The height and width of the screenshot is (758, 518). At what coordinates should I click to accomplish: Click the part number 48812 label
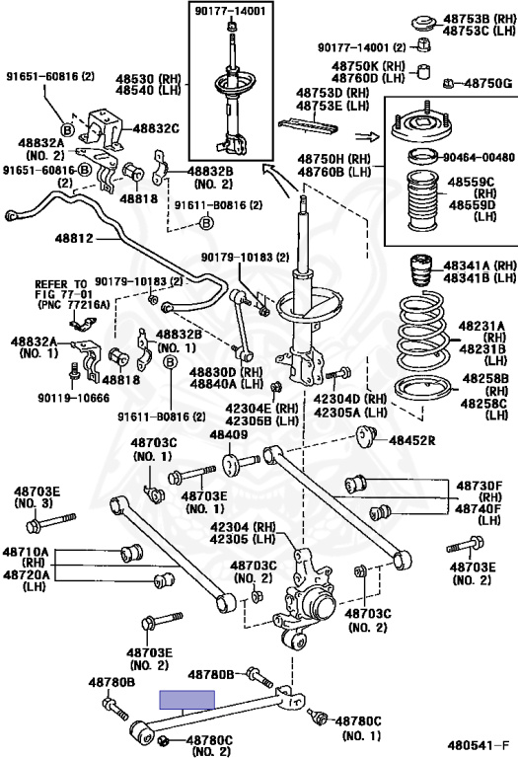tap(73, 238)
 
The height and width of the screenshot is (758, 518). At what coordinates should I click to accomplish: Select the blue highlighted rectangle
tap(187, 700)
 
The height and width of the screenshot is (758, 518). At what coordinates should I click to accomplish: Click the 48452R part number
tap(412, 440)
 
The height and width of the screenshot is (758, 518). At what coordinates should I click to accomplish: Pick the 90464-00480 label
tap(477, 157)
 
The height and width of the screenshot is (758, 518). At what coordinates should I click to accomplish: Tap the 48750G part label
tap(487, 84)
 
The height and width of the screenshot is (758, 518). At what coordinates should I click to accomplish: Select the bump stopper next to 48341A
tap(421, 271)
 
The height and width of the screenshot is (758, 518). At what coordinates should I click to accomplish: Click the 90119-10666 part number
tap(73, 398)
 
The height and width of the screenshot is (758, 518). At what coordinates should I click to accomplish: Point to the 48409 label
tap(229, 434)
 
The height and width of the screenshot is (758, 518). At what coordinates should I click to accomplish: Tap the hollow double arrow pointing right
tap(367, 137)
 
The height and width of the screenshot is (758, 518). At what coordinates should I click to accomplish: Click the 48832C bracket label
tap(156, 128)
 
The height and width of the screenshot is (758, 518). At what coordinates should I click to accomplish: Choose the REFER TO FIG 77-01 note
tap(72, 294)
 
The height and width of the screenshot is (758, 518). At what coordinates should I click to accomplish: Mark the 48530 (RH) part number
tap(148, 79)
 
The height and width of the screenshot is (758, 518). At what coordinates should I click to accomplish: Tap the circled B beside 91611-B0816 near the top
tap(206, 223)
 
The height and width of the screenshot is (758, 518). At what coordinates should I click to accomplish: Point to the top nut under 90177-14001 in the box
tap(232, 26)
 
